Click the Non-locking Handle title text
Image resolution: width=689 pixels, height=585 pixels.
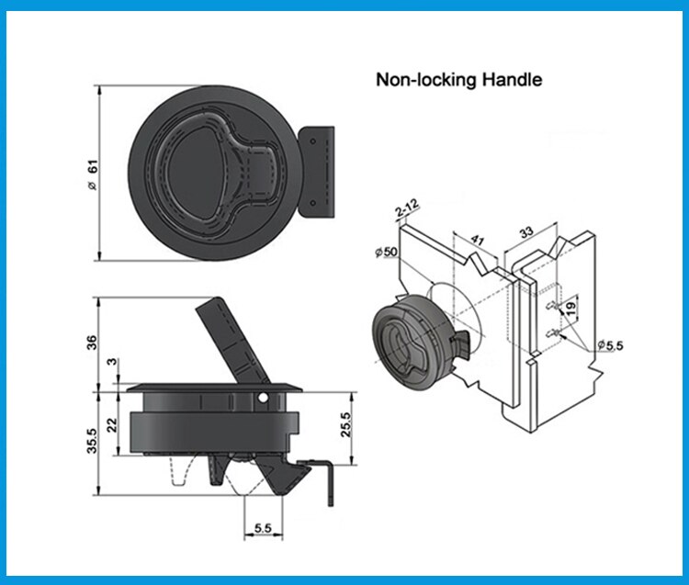tap(458, 80)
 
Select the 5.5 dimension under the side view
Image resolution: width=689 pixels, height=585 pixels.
tap(262, 530)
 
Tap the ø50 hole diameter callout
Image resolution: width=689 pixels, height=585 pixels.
tap(386, 252)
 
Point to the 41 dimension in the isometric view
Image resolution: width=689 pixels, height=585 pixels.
tap(476, 242)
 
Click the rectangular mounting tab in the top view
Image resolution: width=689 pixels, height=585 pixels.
tap(317, 174)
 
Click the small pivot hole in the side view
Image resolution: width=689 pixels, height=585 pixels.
tap(264, 399)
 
